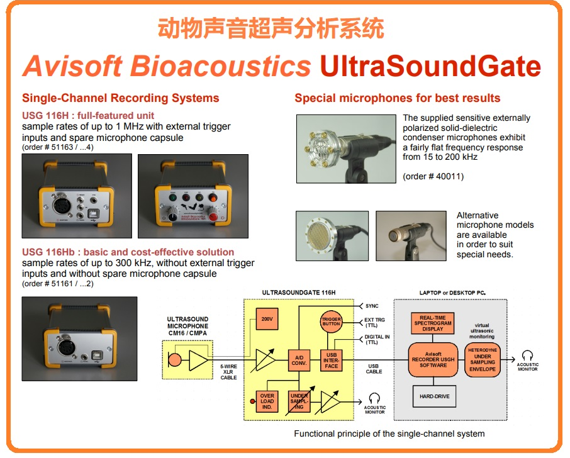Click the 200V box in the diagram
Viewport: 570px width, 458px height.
[x=267, y=320]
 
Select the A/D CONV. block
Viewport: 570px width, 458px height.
[x=298, y=359]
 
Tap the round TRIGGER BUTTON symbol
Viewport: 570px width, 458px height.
[x=332, y=321]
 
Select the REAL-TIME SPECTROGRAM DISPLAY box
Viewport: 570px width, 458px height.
[x=433, y=323]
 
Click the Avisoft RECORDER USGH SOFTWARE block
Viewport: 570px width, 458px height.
[x=433, y=359]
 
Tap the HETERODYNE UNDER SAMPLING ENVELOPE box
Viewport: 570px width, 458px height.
[x=483, y=359]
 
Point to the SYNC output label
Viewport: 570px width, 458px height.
[x=372, y=306]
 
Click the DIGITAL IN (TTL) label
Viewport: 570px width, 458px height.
[x=377, y=340]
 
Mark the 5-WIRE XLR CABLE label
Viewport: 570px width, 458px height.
[x=228, y=372]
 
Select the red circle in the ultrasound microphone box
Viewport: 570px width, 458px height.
[x=174, y=360]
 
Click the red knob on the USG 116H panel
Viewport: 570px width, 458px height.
[x=215, y=218]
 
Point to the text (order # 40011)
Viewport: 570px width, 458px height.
[x=433, y=177]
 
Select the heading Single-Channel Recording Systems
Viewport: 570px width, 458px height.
[x=120, y=98]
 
